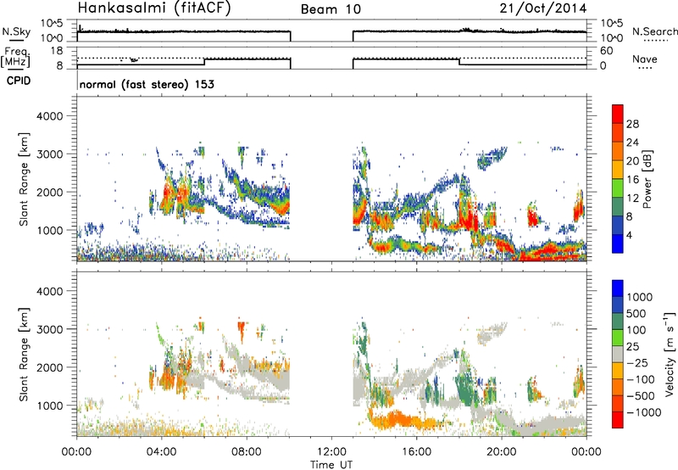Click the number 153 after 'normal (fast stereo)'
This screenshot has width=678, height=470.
[x=203, y=84]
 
